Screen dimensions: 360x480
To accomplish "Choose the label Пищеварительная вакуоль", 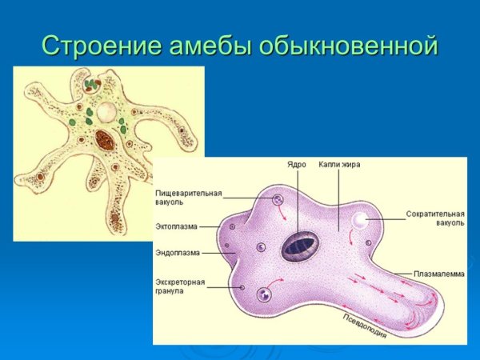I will (x=189, y=198).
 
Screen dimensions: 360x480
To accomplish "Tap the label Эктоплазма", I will (x=177, y=226).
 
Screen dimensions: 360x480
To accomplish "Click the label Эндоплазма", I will (x=178, y=253).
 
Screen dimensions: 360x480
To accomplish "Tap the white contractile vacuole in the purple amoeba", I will (x=360, y=220).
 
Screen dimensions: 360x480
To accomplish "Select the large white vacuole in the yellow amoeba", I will (x=106, y=109).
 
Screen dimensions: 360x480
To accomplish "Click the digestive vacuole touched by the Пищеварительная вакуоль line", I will (x=278, y=201).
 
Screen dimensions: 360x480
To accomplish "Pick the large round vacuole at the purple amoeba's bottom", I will (x=265, y=294).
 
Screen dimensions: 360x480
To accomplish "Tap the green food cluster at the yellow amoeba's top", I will (x=92, y=82).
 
